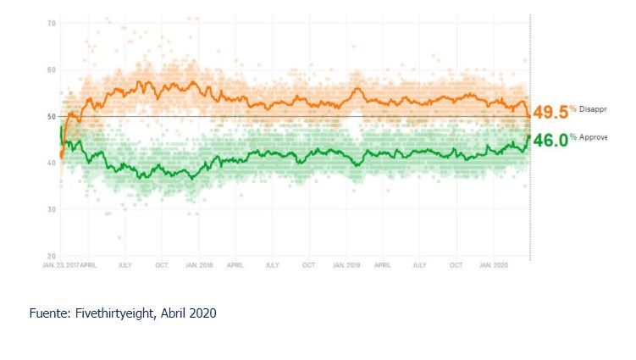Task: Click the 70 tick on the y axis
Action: click(x=51, y=23)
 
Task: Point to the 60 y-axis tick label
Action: click(x=51, y=69)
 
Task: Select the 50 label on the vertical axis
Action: click(x=51, y=116)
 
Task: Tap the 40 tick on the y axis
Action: click(x=51, y=163)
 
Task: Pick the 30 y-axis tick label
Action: click(x=51, y=209)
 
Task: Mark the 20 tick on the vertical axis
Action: click(x=51, y=256)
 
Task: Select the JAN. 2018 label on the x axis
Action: click(x=199, y=265)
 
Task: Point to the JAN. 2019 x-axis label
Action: click(x=346, y=265)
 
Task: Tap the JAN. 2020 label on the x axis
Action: click(x=494, y=265)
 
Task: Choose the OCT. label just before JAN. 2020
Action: click(x=456, y=265)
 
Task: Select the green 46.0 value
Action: click(x=550, y=141)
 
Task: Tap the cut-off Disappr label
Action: click(x=594, y=109)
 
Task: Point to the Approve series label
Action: click(x=594, y=136)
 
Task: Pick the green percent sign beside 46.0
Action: click(x=572, y=136)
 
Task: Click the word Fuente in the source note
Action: click(x=47, y=313)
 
